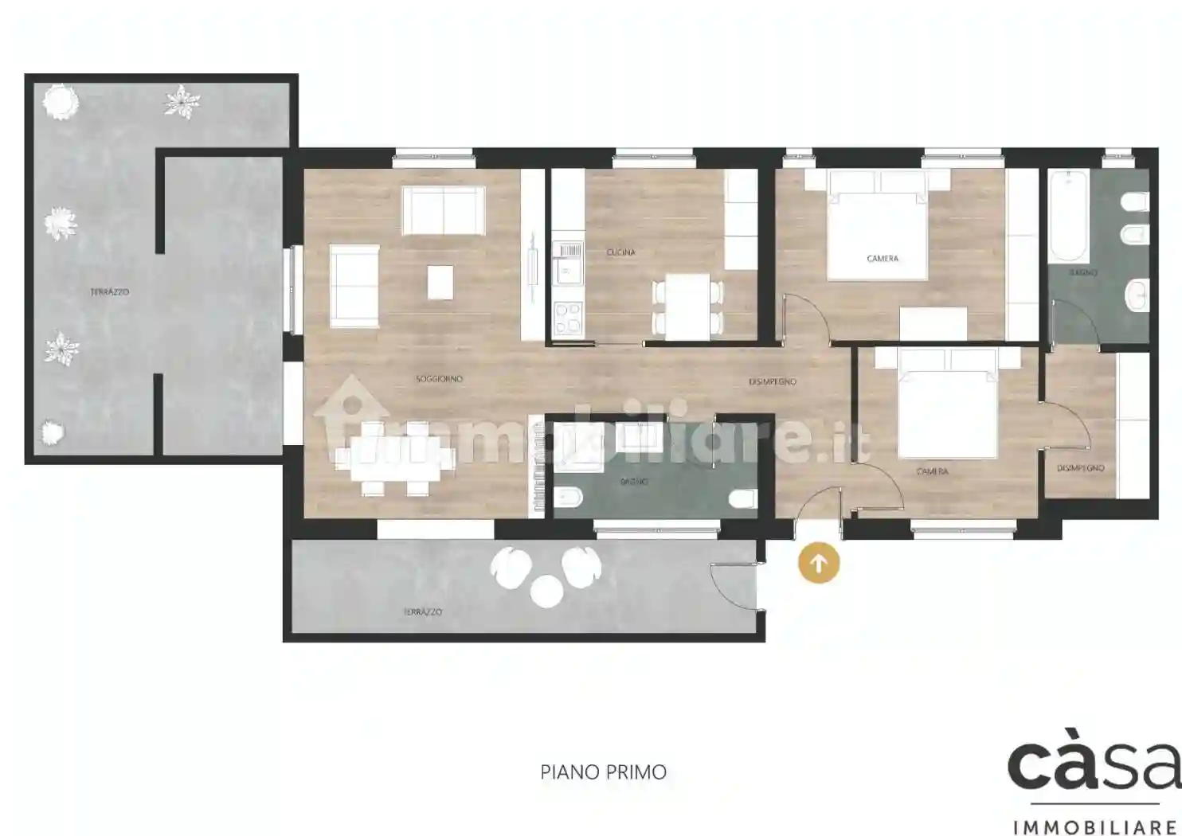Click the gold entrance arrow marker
[818, 563]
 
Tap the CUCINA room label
[620, 252]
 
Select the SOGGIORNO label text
[439, 379]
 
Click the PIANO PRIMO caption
[603, 772]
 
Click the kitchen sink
[568, 264]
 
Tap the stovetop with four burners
[568, 318]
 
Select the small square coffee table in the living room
[440, 282]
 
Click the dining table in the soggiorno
[395, 459]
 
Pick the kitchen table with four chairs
[687, 307]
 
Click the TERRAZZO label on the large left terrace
[109, 292]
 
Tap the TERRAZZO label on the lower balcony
[422, 611]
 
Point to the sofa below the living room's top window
[443, 210]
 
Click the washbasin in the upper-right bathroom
[1137, 295]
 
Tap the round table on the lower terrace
[546, 590]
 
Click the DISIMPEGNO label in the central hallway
[772, 382]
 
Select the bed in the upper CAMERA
[878, 231]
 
